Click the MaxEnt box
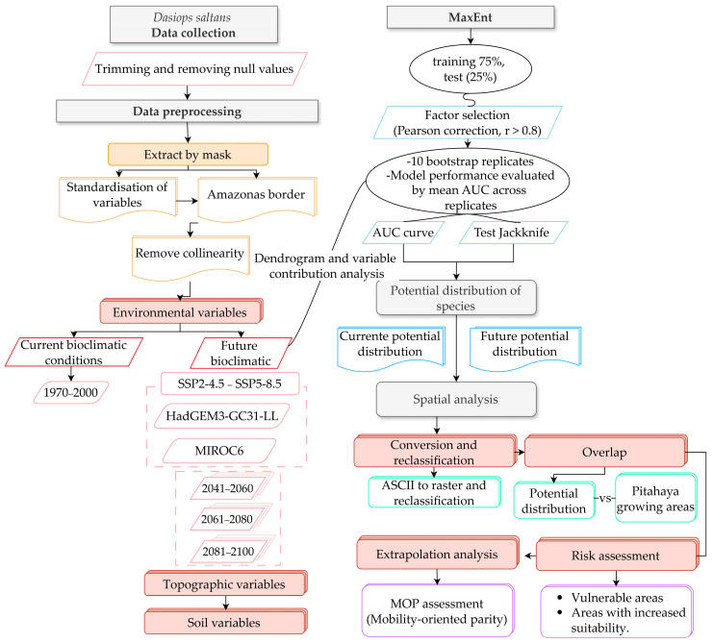click(x=471, y=17)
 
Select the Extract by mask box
click(x=188, y=155)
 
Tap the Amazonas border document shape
click(x=257, y=199)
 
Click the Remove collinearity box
click(x=191, y=257)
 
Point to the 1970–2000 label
click(x=70, y=392)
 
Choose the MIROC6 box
click(x=219, y=451)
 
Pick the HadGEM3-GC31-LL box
click(x=222, y=416)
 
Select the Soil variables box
click(x=224, y=622)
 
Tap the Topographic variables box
click(x=224, y=584)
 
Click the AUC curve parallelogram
click(x=403, y=233)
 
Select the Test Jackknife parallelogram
click(x=513, y=233)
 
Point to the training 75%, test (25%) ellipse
click(x=471, y=69)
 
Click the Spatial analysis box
click(x=456, y=400)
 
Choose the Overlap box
click(x=605, y=452)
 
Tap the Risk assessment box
click(x=617, y=555)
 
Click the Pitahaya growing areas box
click(x=655, y=498)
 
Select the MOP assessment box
click(x=438, y=610)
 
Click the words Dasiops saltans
click(x=191, y=17)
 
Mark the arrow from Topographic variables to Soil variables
click(x=225, y=603)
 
